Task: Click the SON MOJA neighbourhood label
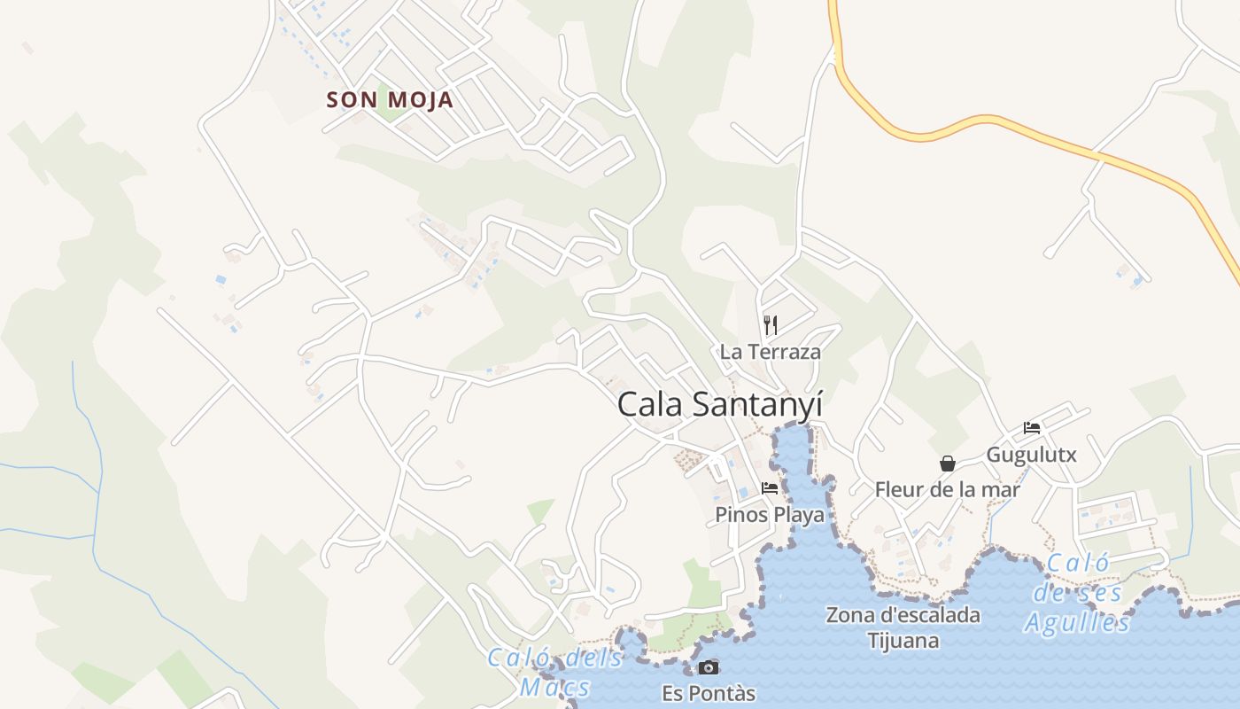coord(390,100)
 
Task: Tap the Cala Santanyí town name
coord(720,405)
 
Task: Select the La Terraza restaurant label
coord(770,352)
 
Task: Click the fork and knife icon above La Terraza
coord(771,325)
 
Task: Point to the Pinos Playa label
coord(769,515)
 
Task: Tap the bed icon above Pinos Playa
coord(769,488)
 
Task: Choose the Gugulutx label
coord(1031,456)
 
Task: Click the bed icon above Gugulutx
coord(1032,428)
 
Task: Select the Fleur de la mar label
coord(947,489)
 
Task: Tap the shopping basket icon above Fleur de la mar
coord(948,464)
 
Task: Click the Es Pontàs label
coord(709,693)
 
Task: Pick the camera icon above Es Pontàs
coord(709,668)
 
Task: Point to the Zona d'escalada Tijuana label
coord(903,627)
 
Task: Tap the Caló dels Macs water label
coord(555,672)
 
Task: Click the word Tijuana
coord(903,641)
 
